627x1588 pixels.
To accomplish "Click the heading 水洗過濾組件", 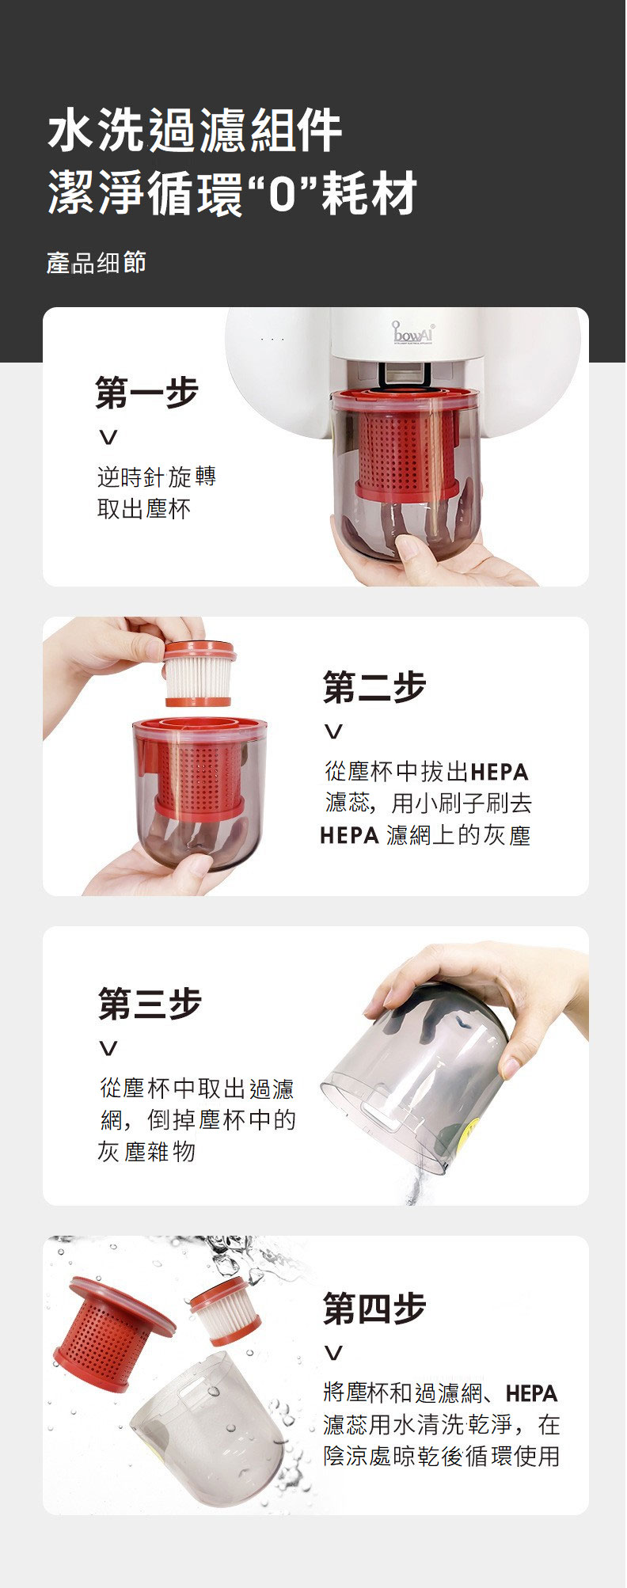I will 195,131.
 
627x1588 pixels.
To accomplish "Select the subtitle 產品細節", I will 97,263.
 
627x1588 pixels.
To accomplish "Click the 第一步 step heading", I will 146,393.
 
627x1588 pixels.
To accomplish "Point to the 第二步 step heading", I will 374,686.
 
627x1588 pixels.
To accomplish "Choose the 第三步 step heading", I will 150,1003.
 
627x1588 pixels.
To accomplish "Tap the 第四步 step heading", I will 374,1308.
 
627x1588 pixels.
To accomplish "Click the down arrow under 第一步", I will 108,437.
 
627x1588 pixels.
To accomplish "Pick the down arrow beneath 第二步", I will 335,731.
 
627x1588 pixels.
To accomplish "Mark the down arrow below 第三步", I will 108,1048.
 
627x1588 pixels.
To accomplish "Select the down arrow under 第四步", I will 335,1353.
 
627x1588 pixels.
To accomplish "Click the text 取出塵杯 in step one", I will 144,509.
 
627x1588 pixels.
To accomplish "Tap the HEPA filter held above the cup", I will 199,674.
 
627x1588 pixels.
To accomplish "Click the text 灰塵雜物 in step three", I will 146,1152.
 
